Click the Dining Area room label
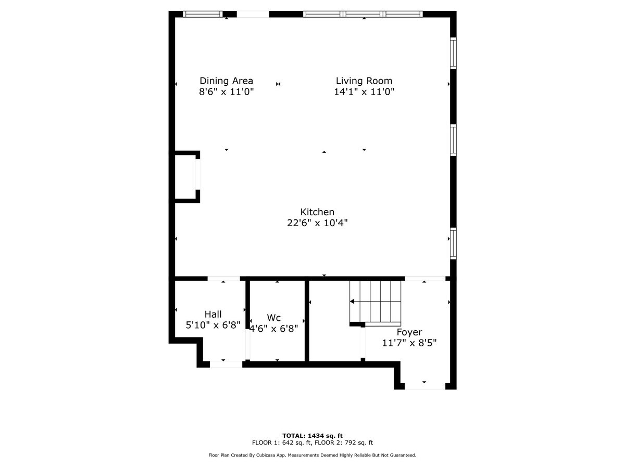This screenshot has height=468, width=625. [x=226, y=81]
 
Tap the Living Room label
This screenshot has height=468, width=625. [x=364, y=81]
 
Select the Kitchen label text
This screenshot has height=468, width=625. [x=317, y=212]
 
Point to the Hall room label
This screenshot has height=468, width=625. [x=213, y=314]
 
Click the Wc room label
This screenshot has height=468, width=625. [x=274, y=318]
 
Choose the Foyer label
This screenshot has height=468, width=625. [x=409, y=332]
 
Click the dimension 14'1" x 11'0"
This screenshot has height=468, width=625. [x=364, y=92]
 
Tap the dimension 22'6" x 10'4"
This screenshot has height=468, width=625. [x=317, y=223]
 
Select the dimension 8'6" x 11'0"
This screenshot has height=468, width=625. [x=226, y=92]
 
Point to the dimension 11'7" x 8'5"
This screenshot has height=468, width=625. [x=409, y=343]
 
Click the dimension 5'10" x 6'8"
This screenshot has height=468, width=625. [x=213, y=326]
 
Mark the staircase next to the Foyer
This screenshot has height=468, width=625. [x=376, y=302]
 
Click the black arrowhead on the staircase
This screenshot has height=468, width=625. [x=352, y=301]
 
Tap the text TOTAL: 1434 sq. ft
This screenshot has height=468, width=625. [x=312, y=436]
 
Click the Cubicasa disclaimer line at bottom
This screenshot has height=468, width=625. [x=312, y=456]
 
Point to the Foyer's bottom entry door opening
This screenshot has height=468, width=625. [x=425, y=386]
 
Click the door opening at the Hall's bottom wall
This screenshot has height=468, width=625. [x=226, y=364]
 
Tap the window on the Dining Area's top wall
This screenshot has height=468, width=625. [x=203, y=14]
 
